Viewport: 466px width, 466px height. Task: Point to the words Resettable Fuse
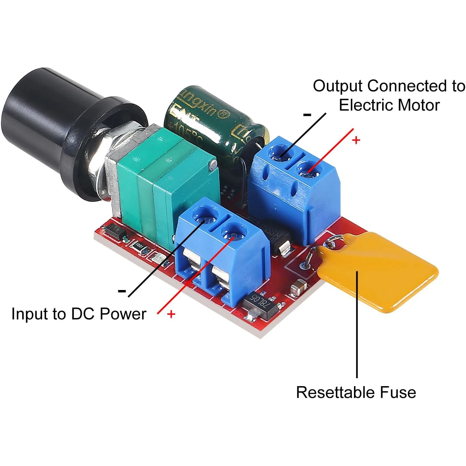[x=356, y=392]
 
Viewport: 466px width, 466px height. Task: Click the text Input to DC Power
[x=79, y=314]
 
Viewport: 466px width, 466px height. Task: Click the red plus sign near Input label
[x=171, y=314]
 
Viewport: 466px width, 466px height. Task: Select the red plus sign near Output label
[x=356, y=140]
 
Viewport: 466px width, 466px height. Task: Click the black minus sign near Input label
[x=122, y=291]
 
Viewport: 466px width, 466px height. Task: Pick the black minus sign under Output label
[x=307, y=115]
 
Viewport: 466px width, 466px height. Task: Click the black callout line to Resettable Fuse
[x=357, y=325]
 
